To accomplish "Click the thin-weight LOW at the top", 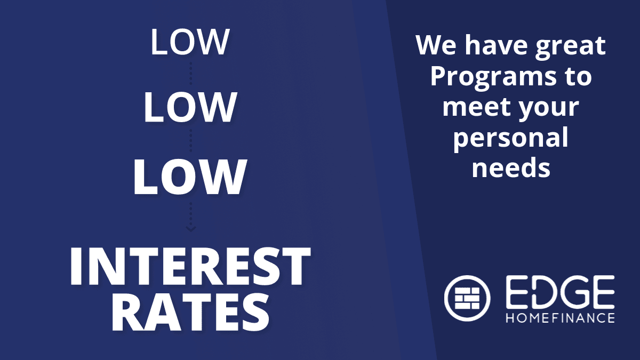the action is click(190, 42).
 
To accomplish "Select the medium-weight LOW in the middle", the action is click(190, 107).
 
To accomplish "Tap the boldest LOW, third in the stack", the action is click(190, 177).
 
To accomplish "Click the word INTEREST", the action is click(190, 266).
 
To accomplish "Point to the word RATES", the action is click(190, 313).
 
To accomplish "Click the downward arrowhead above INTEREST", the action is click(191, 229).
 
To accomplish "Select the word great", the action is click(571, 46).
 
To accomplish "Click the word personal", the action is click(511, 138).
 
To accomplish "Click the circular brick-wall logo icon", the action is click(467, 298).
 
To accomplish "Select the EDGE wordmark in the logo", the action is click(561, 292).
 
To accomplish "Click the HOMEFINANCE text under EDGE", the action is click(561, 318).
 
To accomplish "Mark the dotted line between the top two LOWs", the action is click(191, 74).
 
